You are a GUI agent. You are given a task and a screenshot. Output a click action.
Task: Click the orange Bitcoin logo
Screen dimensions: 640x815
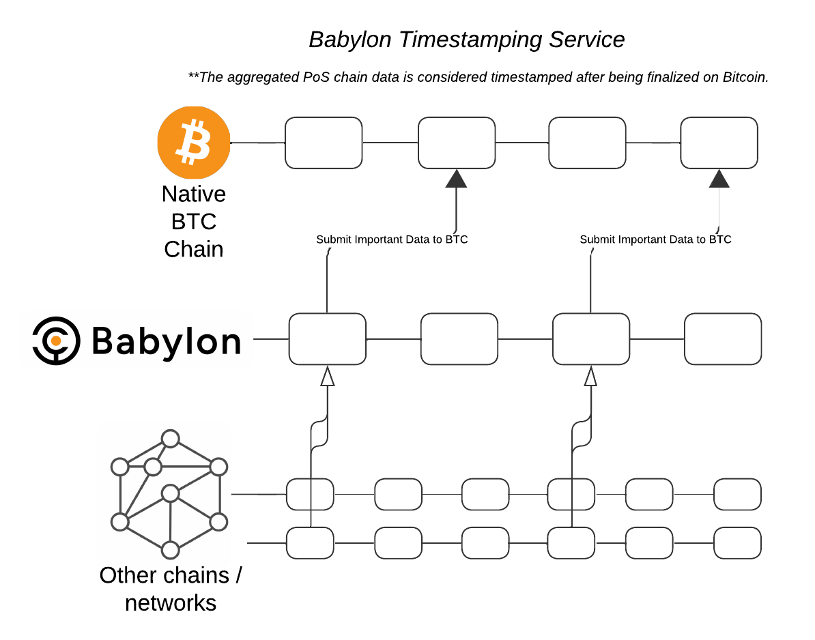click(194, 143)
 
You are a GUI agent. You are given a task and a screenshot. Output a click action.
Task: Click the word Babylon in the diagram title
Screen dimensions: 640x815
click(350, 40)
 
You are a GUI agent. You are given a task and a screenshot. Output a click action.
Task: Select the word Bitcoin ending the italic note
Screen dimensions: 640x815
click(745, 77)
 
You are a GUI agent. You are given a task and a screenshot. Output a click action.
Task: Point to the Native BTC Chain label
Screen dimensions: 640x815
click(194, 222)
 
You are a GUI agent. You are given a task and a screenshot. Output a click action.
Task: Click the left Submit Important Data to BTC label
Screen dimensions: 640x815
click(392, 239)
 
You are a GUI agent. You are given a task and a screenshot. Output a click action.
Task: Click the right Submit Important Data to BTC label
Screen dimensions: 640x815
click(655, 239)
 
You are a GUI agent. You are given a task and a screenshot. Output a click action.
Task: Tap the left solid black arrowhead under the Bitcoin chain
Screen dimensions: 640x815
click(456, 179)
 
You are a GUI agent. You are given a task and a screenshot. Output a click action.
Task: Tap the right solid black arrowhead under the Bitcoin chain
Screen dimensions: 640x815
click(719, 179)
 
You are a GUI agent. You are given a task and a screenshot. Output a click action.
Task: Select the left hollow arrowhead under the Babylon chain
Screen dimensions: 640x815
click(328, 376)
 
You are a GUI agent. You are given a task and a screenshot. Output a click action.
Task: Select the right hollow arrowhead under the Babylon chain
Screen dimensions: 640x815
click(590, 376)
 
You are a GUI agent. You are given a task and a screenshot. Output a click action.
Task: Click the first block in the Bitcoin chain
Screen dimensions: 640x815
click(324, 143)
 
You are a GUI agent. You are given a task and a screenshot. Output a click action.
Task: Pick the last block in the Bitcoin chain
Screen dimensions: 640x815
click(719, 143)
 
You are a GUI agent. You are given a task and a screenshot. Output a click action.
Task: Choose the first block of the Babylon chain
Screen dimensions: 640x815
click(328, 338)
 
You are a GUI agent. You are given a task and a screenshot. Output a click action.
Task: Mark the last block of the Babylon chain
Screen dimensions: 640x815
click(723, 338)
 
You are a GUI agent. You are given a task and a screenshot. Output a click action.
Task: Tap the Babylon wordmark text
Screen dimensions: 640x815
click(166, 340)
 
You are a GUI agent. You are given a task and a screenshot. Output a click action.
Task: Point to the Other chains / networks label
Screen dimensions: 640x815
click(171, 589)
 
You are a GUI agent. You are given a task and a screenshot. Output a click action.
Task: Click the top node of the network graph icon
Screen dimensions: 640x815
click(170, 438)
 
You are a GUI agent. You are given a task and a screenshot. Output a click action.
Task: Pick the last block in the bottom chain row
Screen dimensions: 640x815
click(737, 543)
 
